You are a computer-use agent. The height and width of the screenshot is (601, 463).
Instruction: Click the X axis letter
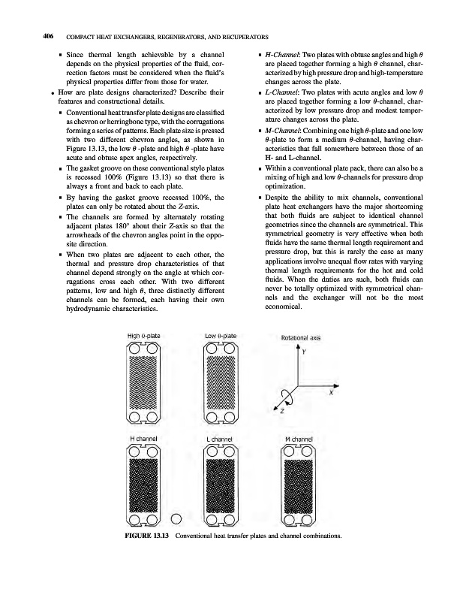click(331, 391)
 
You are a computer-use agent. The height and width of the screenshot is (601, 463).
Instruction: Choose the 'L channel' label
click(220, 438)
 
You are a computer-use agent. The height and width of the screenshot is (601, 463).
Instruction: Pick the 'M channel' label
click(299, 438)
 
